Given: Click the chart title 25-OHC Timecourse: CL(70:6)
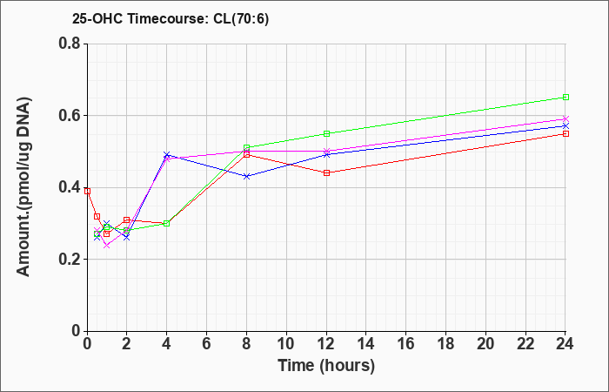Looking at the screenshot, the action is pos(171,19).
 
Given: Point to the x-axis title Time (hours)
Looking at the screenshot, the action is pos(326,366).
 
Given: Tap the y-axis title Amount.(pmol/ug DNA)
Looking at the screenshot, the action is pos(23,187).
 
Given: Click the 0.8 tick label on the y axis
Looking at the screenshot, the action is pos(70,44).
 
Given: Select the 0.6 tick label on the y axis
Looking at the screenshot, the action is pos(70,116).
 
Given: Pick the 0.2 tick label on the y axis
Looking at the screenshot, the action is pos(70,260).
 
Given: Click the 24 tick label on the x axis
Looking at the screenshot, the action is pos(565,344).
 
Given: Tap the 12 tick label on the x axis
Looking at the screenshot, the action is pos(326,344).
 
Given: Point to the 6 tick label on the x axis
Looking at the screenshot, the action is pos(207,344).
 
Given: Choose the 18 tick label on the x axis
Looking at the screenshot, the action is pos(445,344).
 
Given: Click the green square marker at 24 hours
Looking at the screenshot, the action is pos(565,98).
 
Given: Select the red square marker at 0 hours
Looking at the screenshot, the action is pos(87,191).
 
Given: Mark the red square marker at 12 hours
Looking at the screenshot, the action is pos(326,172).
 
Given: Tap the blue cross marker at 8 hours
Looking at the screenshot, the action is pos(246,176).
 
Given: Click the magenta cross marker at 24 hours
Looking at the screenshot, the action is pos(565,118).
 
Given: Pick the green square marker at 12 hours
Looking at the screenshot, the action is pos(326,134).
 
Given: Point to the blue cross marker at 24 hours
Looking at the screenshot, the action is pos(565,126).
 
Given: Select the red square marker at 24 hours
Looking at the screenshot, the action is pos(565,134).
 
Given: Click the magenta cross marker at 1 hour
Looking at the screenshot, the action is pos(107,245).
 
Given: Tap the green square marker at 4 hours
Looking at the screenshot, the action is pos(167,223).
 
